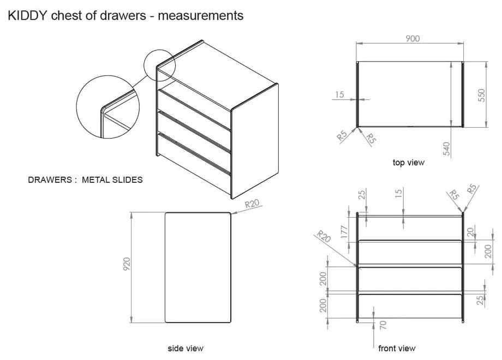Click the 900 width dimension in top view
pos(412,39)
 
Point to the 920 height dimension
pos(127,267)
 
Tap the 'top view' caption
pos(408,162)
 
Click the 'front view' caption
pos(397,348)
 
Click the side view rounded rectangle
pos(197,267)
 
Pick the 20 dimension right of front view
pos(470,232)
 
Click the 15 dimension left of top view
pos(339,95)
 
